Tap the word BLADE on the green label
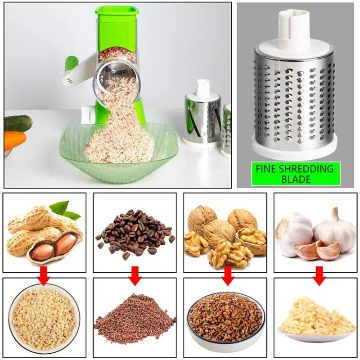[x=295, y=179]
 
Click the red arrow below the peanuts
[x=44, y=275]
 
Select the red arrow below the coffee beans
[x=135, y=275]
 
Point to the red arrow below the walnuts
[x=228, y=275]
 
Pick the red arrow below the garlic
[x=319, y=275]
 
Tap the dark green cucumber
[x=18, y=122]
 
